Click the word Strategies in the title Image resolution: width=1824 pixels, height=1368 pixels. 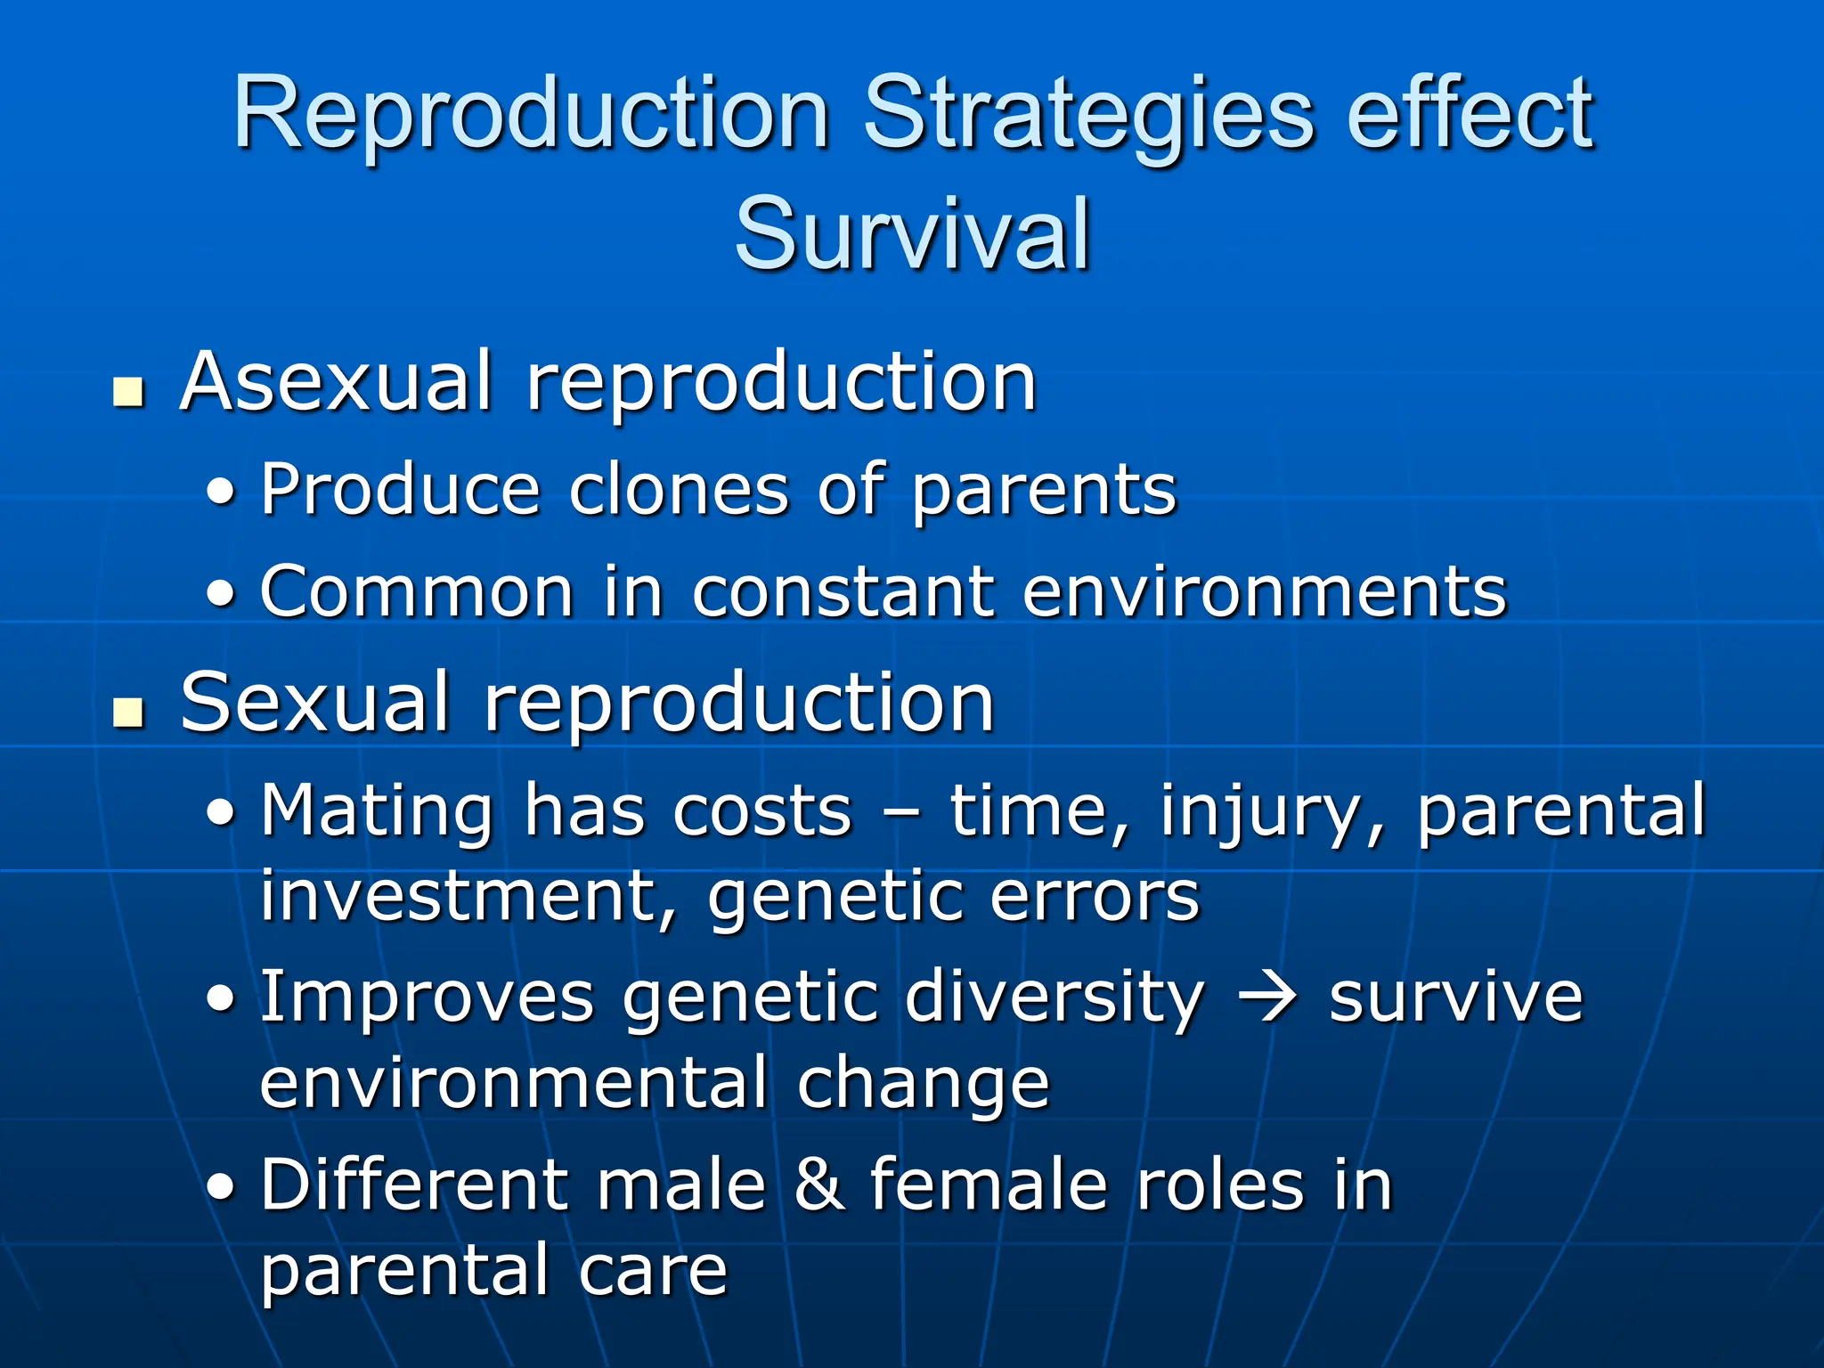(1088, 116)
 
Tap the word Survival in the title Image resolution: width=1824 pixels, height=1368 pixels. (912, 234)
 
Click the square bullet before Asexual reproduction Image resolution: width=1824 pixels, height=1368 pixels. (129, 392)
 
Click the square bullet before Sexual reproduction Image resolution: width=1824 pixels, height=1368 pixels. (129, 712)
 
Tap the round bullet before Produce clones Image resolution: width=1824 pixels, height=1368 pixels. (222, 493)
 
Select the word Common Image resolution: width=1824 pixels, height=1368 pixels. (417, 591)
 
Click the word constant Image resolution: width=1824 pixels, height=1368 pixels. (843, 591)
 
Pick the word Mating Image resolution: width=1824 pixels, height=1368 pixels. (377, 812)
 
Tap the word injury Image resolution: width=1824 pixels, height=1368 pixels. (1270, 812)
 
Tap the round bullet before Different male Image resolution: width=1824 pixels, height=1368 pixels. (222, 1187)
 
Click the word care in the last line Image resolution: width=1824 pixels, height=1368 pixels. (653, 1270)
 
